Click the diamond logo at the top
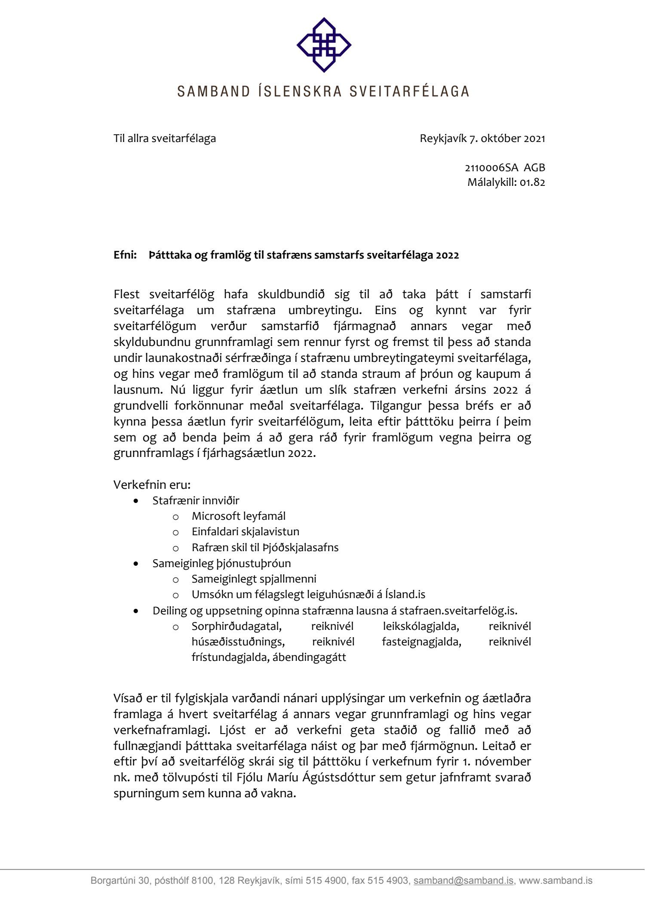click(x=324, y=45)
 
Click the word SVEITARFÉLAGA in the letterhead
click(x=409, y=91)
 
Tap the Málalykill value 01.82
click(x=532, y=182)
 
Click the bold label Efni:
click(x=125, y=255)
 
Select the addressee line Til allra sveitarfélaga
click(x=165, y=139)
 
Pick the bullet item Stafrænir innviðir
click(x=196, y=501)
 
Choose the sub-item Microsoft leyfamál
click(x=238, y=516)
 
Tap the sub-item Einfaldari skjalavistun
click(x=245, y=532)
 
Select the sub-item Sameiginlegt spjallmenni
click(x=254, y=579)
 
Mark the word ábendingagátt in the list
click(x=309, y=657)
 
